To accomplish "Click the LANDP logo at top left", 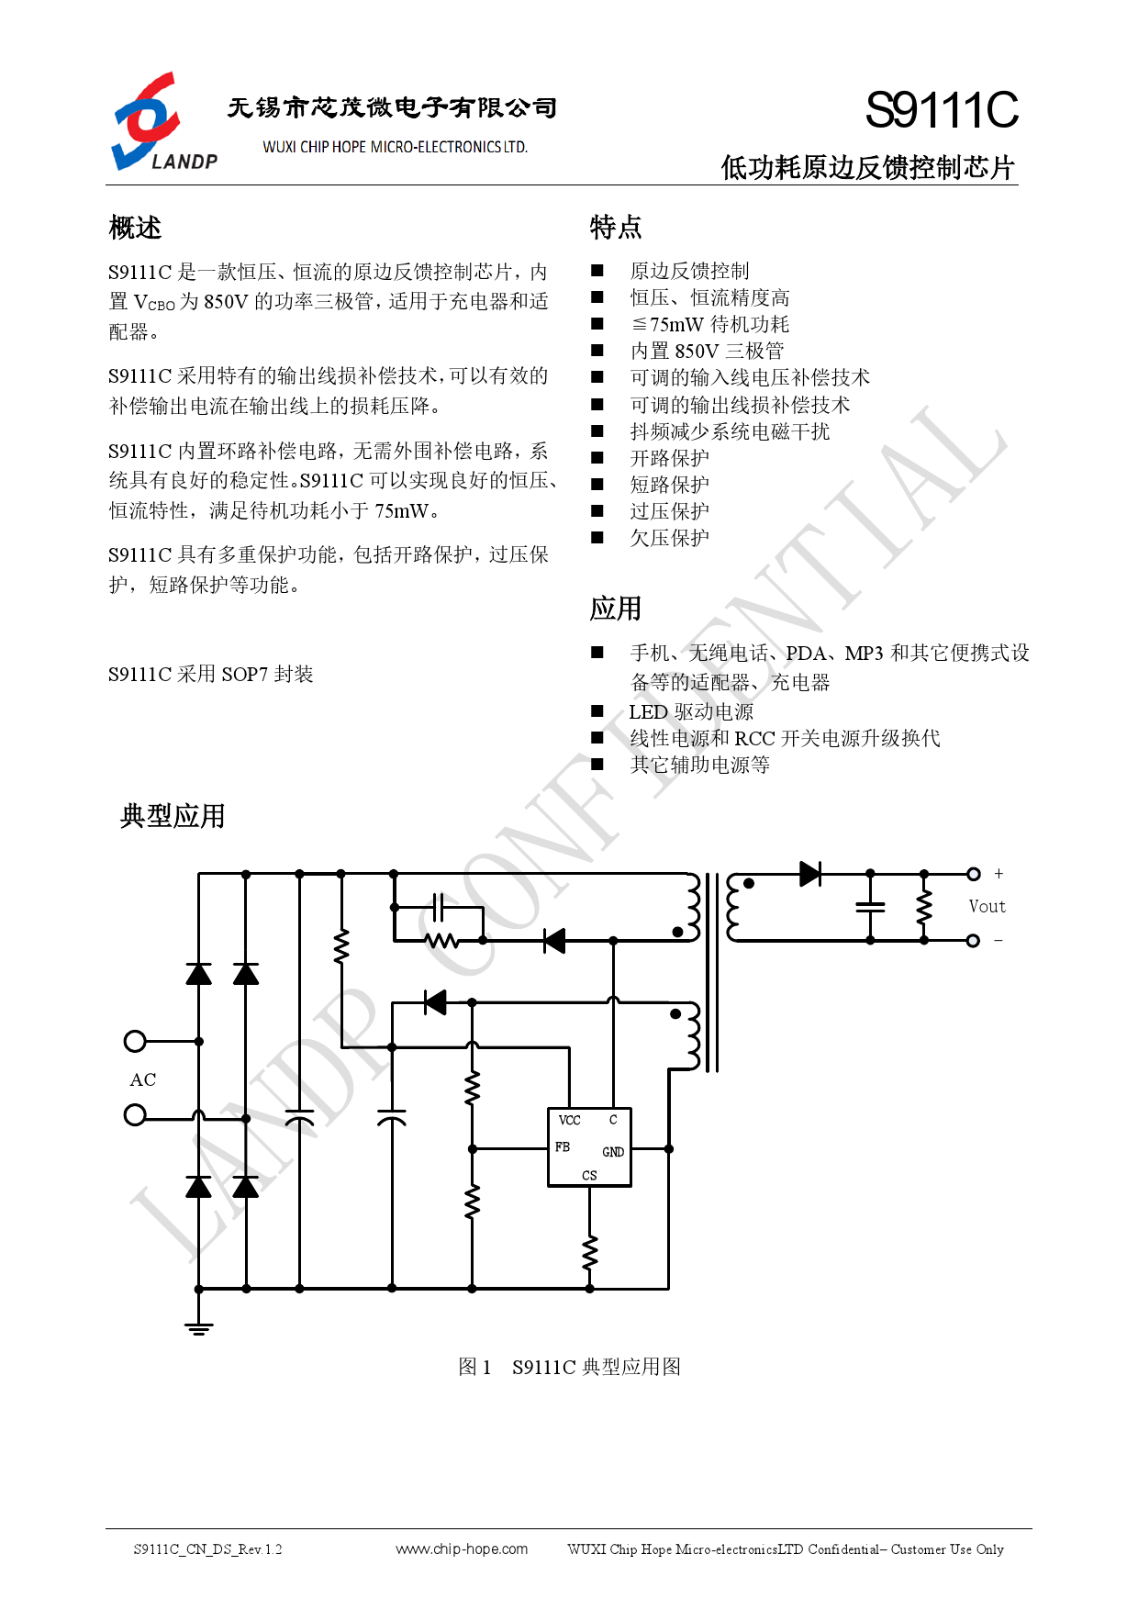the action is (x=164, y=122).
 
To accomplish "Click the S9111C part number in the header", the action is (x=942, y=110).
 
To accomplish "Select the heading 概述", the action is (x=135, y=228).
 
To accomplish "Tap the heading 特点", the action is (x=616, y=227).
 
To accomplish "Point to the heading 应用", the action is (x=616, y=609).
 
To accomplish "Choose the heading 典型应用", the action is (x=173, y=816).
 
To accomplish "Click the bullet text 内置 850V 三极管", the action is (x=707, y=351).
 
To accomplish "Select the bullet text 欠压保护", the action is (x=669, y=538).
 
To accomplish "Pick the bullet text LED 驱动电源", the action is (x=691, y=711).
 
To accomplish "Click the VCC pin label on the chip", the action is (x=569, y=1120).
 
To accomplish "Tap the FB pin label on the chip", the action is (x=563, y=1147).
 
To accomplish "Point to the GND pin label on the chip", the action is (x=613, y=1152).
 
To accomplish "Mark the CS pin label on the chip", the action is (x=589, y=1175).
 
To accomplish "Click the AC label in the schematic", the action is (x=143, y=1079).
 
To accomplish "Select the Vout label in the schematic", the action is (x=987, y=906).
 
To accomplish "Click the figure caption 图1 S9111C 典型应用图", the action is (x=569, y=1367).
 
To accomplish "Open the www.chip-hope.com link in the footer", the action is (x=462, y=1549).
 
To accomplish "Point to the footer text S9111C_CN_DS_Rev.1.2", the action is (x=208, y=1549).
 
